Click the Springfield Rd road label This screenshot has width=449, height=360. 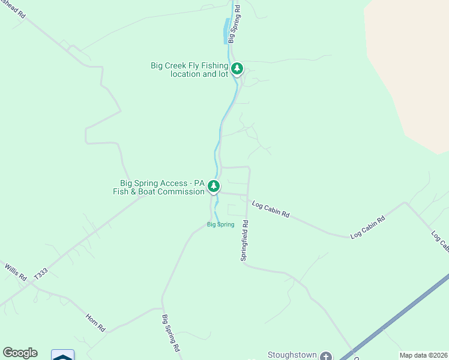244,239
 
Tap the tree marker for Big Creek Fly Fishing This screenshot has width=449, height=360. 237,69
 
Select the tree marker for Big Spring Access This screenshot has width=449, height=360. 213,187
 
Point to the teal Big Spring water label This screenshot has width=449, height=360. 220,225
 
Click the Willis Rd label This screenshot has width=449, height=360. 16,272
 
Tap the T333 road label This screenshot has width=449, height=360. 41,274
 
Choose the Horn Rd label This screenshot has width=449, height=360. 95,323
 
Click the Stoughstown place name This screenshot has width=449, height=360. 292,355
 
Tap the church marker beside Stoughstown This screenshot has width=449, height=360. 326,356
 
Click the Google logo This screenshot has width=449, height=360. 20,353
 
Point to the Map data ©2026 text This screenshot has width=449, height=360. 423,355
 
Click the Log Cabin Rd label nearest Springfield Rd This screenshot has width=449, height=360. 271,209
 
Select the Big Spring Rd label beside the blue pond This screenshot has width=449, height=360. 235,22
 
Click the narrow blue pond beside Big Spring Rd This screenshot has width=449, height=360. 226,31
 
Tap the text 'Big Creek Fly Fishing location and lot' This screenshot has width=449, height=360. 190,70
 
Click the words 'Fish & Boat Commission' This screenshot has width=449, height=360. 158,192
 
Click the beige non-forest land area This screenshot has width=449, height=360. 414,72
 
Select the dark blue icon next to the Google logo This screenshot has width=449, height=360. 62,355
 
